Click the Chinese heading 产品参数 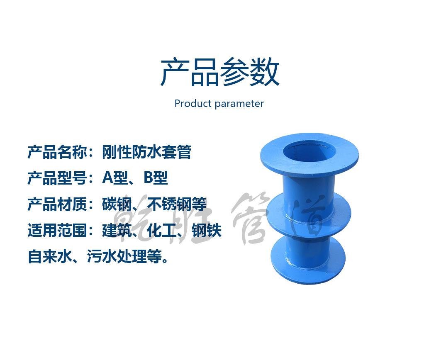219,72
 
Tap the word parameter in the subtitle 239,104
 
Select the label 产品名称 58,152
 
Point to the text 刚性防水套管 146,152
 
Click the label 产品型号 58,178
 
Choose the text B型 156,178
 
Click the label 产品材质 58,204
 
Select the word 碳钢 117,204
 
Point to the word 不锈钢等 177,204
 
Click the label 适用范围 58,230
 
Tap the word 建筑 117,230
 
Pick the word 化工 162,230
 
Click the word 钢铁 207,230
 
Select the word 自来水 50,256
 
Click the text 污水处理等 124,256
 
